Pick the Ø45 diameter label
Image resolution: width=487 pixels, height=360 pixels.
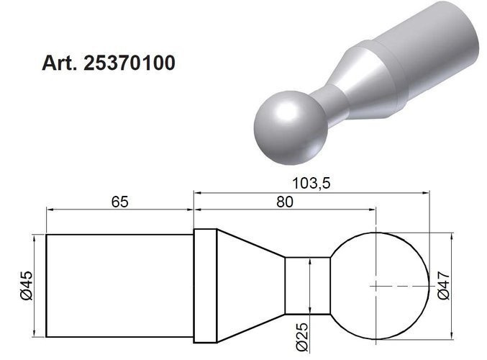[x=27, y=286]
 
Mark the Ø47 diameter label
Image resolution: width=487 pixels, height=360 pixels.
[x=443, y=287]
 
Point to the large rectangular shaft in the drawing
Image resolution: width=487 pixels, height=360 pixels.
[x=119, y=285]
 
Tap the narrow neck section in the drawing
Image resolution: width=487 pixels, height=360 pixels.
[x=307, y=285]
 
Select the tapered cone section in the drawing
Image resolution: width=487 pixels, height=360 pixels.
[x=248, y=285]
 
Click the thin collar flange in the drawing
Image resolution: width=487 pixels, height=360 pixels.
[x=206, y=285]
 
